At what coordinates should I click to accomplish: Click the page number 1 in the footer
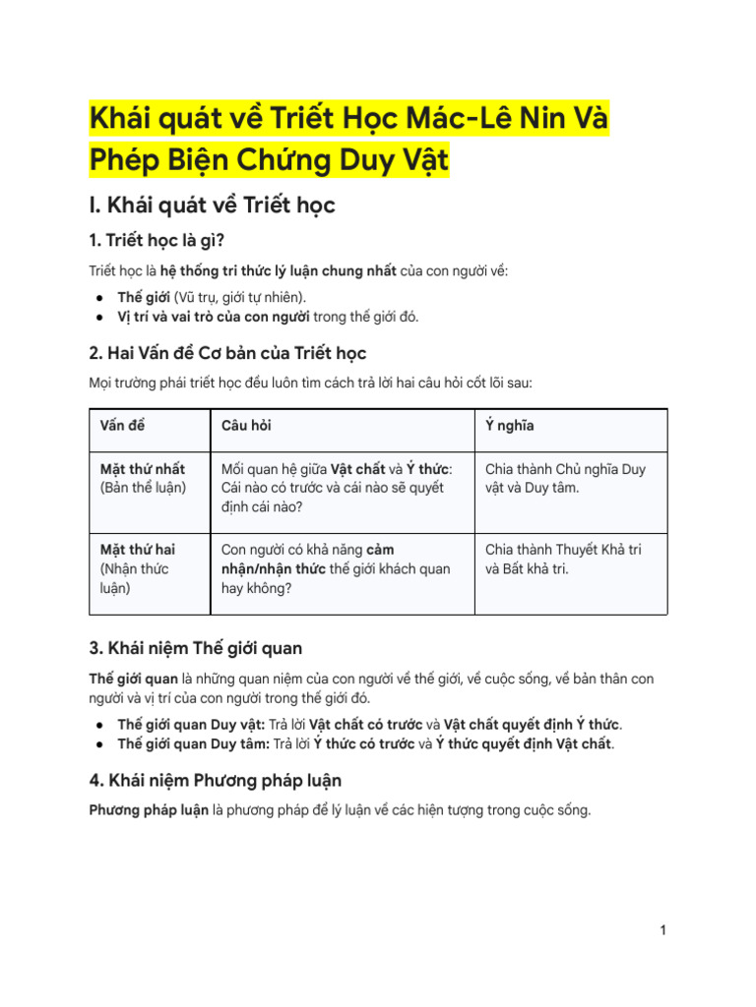[663, 930]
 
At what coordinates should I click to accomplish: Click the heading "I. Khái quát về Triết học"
[213, 205]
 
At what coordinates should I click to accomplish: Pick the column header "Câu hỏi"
[246, 426]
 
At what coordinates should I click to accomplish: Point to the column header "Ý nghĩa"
[510, 426]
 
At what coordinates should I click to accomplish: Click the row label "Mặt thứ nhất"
[143, 469]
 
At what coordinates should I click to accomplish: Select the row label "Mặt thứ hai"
[138, 550]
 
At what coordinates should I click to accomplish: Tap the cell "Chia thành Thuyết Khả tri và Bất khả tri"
[563, 559]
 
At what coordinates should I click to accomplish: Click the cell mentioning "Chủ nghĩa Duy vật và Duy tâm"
[565, 478]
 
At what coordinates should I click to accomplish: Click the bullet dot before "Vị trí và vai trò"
[100, 317]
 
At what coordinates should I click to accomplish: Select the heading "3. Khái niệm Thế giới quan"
[196, 648]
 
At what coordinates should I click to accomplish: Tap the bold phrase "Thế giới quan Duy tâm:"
[193, 744]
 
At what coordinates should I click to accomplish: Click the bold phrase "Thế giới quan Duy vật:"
[191, 725]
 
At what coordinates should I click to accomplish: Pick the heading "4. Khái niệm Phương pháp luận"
[216, 780]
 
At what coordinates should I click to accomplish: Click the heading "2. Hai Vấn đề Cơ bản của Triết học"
[227, 352]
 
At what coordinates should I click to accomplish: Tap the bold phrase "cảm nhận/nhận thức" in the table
[285, 559]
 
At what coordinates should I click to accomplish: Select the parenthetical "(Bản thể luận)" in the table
[143, 488]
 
